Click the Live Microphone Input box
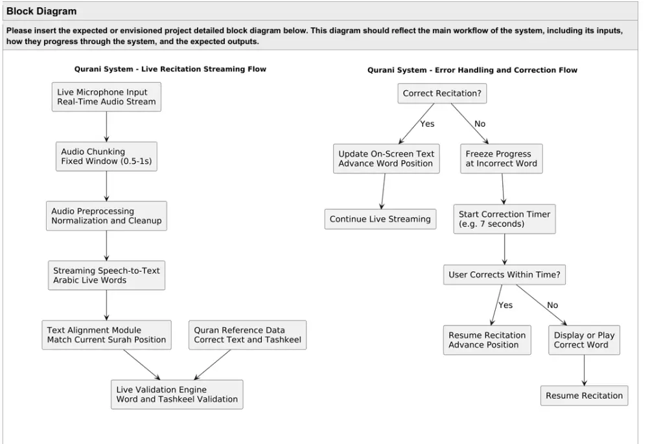106,97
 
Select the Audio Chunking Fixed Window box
106,157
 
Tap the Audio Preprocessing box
106,216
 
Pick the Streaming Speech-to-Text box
106,275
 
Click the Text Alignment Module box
106,335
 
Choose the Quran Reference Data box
248,335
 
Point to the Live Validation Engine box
177,394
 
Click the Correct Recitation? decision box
442,93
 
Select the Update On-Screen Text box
386,159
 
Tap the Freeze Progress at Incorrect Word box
502,159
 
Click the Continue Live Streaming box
380,219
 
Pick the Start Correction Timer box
504,219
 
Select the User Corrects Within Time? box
504,275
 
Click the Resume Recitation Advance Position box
487,340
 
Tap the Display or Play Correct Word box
584,340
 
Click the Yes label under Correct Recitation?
427,124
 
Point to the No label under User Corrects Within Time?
553,305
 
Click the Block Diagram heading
41,11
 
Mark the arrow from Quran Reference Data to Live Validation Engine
212,364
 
